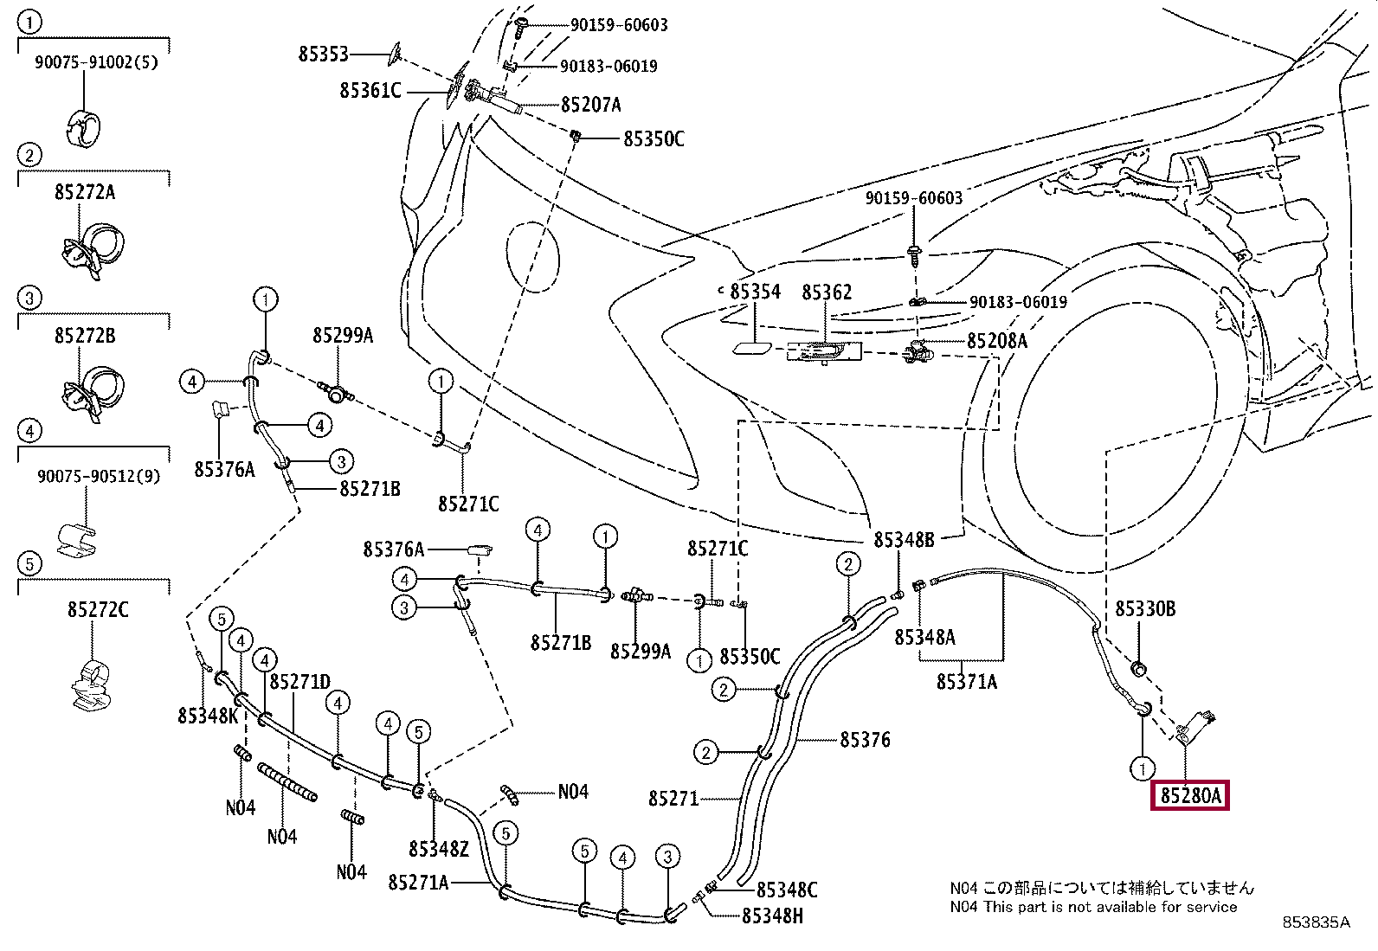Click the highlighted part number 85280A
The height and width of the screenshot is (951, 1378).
(x=1190, y=795)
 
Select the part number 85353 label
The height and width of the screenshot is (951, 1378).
(x=323, y=54)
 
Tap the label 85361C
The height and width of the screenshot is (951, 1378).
(x=370, y=90)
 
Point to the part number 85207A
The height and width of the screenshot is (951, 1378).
(x=590, y=105)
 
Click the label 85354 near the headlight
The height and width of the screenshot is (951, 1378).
(x=755, y=292)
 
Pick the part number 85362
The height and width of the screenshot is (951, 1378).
(x=827, y=292)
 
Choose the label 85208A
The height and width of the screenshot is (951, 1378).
(x=996, y=341)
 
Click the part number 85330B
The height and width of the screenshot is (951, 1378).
(x=1144, y=609)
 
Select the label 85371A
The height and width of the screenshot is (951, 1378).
(x=966, y=682)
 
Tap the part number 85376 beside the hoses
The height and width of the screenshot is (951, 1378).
(x=865, y=740)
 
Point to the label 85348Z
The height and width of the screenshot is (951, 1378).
(x=438, y=849)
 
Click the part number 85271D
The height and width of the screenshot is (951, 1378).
(x=299, y=682)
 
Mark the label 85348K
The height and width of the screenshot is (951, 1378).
(x=208, y=716)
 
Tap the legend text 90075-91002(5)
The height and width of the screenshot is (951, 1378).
(x=96, y=62)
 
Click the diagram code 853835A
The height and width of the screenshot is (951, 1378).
(x=1316, y=922)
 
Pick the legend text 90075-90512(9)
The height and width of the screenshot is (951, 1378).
(x=98, y=476)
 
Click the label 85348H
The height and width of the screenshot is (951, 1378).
(x=772, y=916)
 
